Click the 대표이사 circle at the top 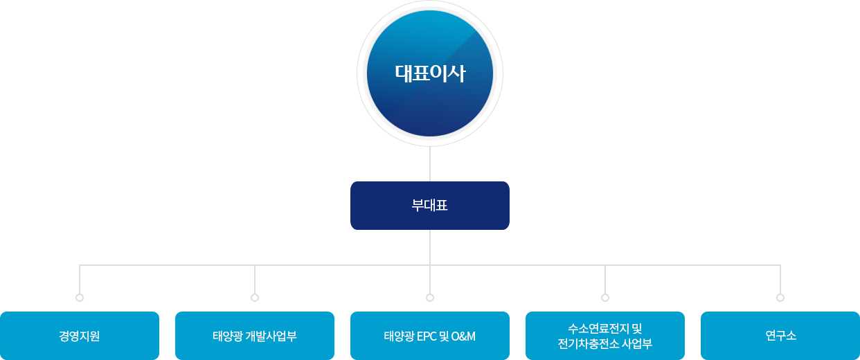click(x=430, y=73)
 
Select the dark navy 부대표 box click(x=430, y=206)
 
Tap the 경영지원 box click(x=80, y=336)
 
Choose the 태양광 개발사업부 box click(x=255, y=336)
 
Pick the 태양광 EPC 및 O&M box click(x=430, y=336)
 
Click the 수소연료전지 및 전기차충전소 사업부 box click(x=605, y=336)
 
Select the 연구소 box click(x=780, y=336)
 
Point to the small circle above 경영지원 click(x=80, y=298)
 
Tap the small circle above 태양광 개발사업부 click(x=255, y=298)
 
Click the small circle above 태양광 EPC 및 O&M click(x=430, y=298)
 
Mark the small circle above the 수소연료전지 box click(x=605, y=298)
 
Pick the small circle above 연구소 click(x=780, y=298)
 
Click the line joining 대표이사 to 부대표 click(x=430, y=164)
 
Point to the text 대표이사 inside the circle click(x=430, y=73)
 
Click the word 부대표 click(x=429, y=206)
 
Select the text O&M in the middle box click(x=463, y=336)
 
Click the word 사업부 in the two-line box click(x=636, y=343)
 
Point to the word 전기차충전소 click(x=587, y=343)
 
